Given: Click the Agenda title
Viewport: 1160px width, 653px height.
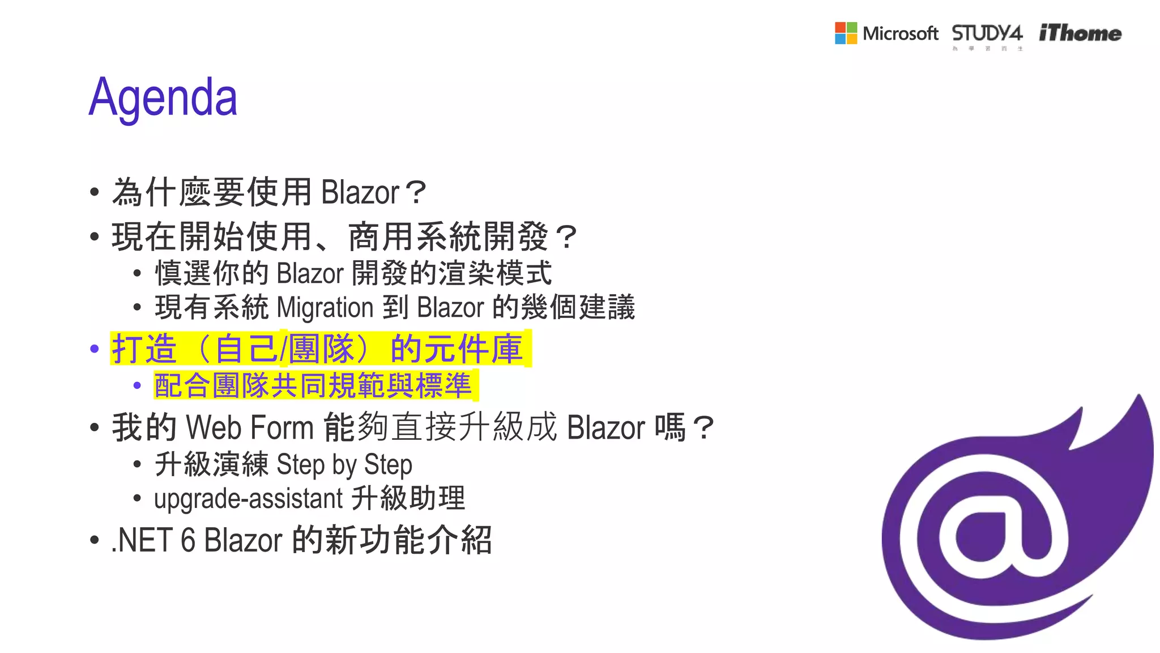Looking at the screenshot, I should point(163,97).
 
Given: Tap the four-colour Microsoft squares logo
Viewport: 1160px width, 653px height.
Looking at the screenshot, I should point(846,33).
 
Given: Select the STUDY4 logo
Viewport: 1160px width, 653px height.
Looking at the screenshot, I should point(987,33).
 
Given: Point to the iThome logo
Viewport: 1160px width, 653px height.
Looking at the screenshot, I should point(1080,33).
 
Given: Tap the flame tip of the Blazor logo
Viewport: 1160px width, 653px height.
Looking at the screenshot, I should point(1138,408).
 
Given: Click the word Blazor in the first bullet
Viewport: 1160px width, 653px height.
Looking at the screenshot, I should point(360,193).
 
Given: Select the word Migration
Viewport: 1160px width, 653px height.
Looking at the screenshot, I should point(325,308).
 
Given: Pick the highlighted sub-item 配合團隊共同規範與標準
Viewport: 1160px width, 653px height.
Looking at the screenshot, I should point(313,385).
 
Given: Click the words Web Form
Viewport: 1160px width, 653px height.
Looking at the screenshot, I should point(249,427).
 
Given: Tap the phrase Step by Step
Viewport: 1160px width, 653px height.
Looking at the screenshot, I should point(344,465).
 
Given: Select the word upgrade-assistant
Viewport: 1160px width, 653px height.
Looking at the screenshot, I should point(248,499).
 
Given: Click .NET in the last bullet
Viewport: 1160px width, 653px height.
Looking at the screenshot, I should point(142,540).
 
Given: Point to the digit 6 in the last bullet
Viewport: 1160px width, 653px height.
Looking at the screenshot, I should point(188,540).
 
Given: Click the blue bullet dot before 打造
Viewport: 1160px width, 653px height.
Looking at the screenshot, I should point(95,349).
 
